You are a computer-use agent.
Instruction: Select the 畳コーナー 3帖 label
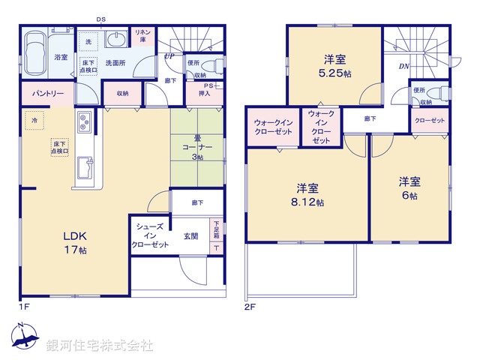(x=198, y=146)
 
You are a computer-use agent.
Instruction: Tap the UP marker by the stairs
(x=169, y=56)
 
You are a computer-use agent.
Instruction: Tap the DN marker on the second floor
(x=403, y=66)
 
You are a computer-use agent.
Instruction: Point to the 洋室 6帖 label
(x=409, y=187)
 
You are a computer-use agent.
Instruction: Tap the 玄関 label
(x=191, y=236)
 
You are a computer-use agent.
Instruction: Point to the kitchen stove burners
(x=83, y=120)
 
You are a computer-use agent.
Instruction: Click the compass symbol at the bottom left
(x=25, y=338)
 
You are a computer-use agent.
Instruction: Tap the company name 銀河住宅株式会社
(x=100, y=346)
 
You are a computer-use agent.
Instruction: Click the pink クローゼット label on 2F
(x=428, y=120)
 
